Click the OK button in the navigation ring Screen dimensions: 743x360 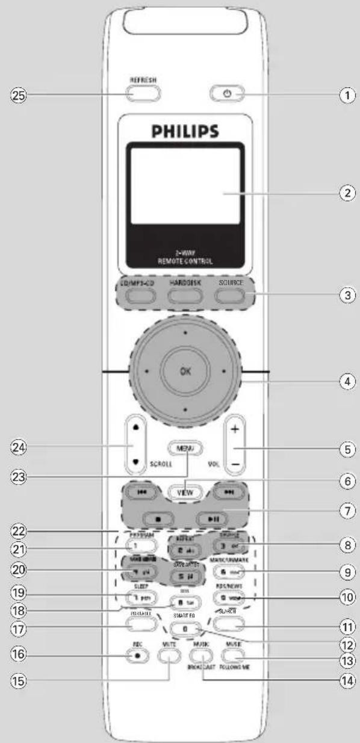[x=186, y=371]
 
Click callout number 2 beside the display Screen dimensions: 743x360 [x=344, y=194]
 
